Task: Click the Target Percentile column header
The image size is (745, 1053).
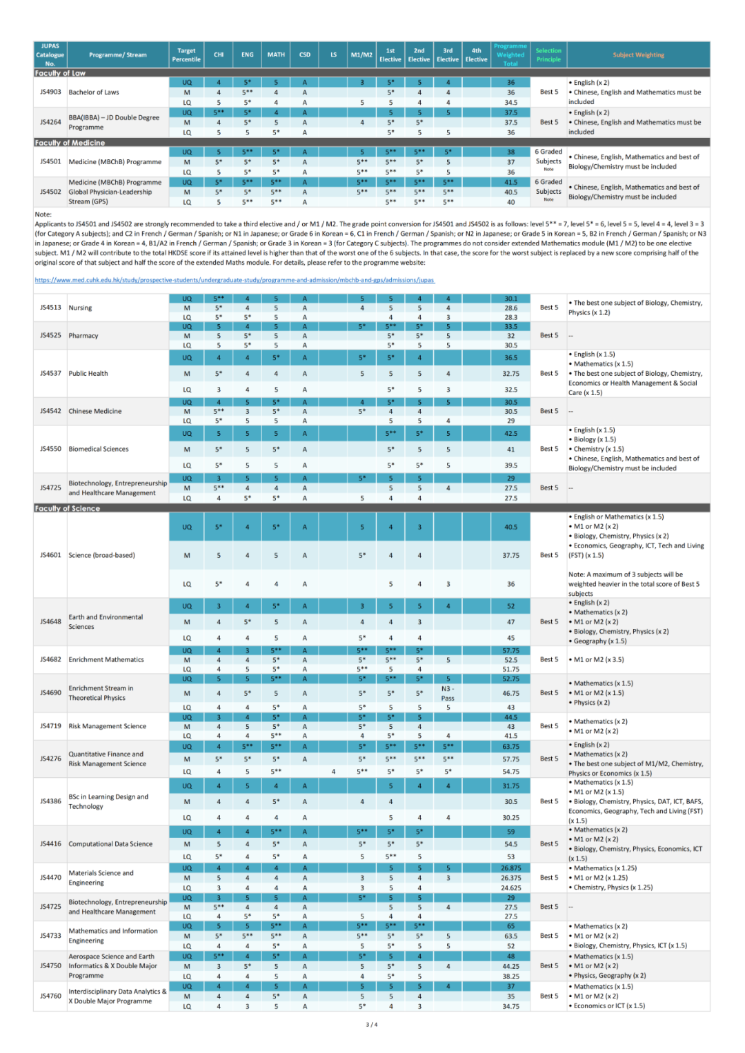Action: click(x=186, y=54)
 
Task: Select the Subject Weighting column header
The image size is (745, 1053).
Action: click(x=638, y=54)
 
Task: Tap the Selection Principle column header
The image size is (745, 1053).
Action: click(x=548, y=54)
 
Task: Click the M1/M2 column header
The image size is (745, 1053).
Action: click(x=361, y=54)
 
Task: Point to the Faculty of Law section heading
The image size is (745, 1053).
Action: click(x=60, y=72)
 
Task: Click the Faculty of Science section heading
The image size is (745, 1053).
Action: click(x=68, y=508)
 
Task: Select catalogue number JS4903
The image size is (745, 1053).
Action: click(x=50, y=92)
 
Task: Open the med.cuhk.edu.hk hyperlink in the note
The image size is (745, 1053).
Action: click(x=235, y=280)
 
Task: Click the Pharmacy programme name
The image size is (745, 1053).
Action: click(x=83, y=336)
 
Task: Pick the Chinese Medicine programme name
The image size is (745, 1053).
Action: click(x=95, y=411)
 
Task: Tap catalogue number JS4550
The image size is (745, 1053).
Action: click(x=50, y=449)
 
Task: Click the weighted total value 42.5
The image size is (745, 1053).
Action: click(x=510, y=434)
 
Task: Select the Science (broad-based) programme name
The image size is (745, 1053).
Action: click(x=101, y=555)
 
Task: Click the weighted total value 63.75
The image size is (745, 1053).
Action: click(x=510, y=746)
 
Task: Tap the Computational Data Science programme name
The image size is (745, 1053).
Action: click(x=110, y=844)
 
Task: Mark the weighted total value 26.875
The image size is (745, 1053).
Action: click(x=510, y=868)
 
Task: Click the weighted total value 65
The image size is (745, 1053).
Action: click(x=510, y=926)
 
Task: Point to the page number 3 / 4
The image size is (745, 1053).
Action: click(x=372, y=1025)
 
